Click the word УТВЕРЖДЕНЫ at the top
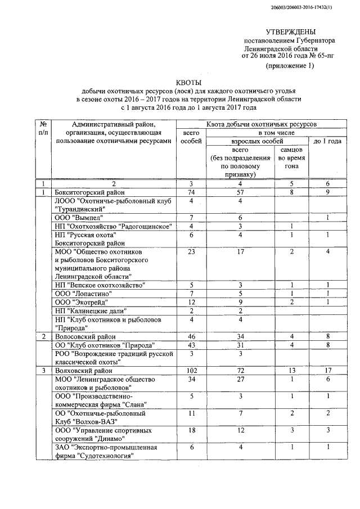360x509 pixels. [x=290, y=32]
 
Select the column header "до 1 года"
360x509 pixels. [x=327, y=141]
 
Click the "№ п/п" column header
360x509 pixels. [x=43, y=128]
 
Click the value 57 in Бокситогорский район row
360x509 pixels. [x=240, y=192]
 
